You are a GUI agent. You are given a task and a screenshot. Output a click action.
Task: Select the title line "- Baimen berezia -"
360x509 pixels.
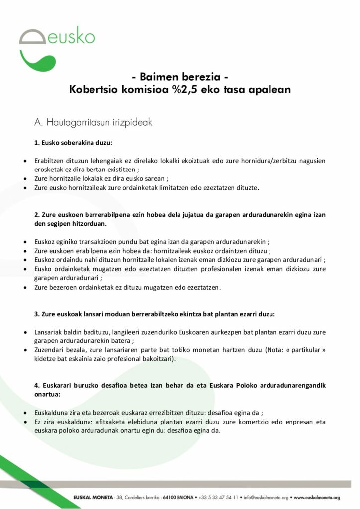(x=180, y=77)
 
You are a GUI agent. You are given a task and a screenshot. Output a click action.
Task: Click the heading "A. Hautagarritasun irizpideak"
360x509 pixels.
(x=93, y=122)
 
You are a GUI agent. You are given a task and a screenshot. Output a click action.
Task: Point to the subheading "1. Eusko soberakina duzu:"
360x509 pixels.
(x=74, y=143)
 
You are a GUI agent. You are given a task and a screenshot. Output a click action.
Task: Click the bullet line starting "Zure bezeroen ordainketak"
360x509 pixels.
(x=128, y=287)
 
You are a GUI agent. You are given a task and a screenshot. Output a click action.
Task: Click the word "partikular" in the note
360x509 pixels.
(x=308, y=350)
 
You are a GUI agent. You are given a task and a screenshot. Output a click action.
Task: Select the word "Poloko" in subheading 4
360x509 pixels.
(x=247, y=386)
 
